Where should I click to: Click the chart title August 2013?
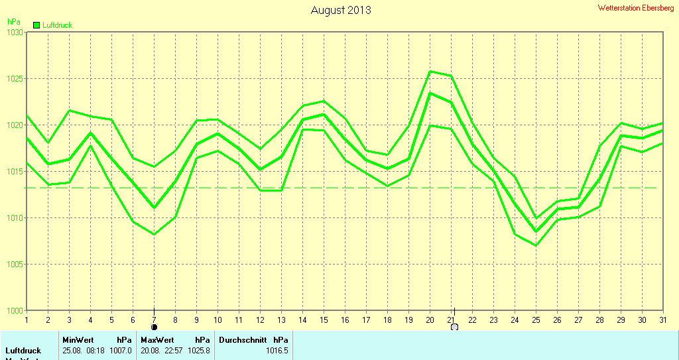341,10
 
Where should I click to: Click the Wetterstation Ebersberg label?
636,8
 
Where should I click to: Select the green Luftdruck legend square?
36,25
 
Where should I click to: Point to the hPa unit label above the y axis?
13,22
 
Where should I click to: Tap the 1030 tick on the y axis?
15,32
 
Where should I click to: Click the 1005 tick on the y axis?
15,265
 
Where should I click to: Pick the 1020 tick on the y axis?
15,125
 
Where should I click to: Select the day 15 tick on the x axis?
324,320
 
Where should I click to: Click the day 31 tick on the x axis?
662,320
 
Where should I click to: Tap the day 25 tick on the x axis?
536,320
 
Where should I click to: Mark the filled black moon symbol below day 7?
154,327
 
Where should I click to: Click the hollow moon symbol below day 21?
454,327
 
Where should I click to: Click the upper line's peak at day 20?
430,71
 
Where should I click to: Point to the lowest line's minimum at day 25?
536,245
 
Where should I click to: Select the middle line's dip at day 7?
154,208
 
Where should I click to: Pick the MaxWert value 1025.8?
199,351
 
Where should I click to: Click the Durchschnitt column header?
243,339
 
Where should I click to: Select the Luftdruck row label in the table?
23,351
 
